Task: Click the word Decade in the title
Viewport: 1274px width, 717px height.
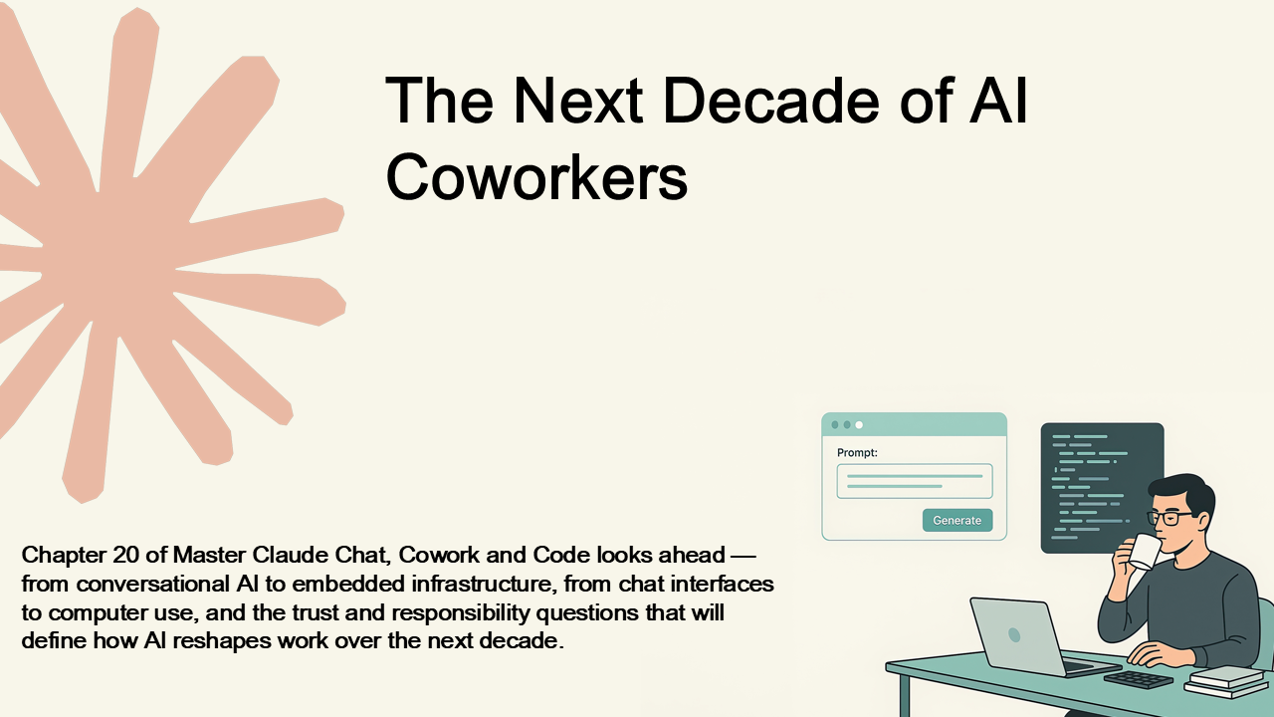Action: tap(771, 101)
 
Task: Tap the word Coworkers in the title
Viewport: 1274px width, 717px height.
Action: tap(536, 176)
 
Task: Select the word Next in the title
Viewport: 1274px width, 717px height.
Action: tap(578, 101)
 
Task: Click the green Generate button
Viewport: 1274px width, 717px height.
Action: tap(957, 520)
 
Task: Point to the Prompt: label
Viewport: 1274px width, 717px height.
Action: tap(857, 453)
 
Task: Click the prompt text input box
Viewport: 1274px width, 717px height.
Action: tap(915, 481)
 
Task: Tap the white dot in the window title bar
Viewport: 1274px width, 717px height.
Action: tap(859, 424)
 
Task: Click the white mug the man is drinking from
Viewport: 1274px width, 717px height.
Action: tap(1144, 552)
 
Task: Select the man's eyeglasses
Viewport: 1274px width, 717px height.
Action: tap(1168, 518)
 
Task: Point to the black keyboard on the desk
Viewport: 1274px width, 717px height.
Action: tap(1138, 679)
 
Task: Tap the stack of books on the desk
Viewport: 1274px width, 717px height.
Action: tap(1224, 681)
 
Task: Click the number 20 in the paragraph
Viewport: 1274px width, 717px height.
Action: tap(125, 555)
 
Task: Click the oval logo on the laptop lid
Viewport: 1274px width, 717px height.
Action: tap(1014, 634)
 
